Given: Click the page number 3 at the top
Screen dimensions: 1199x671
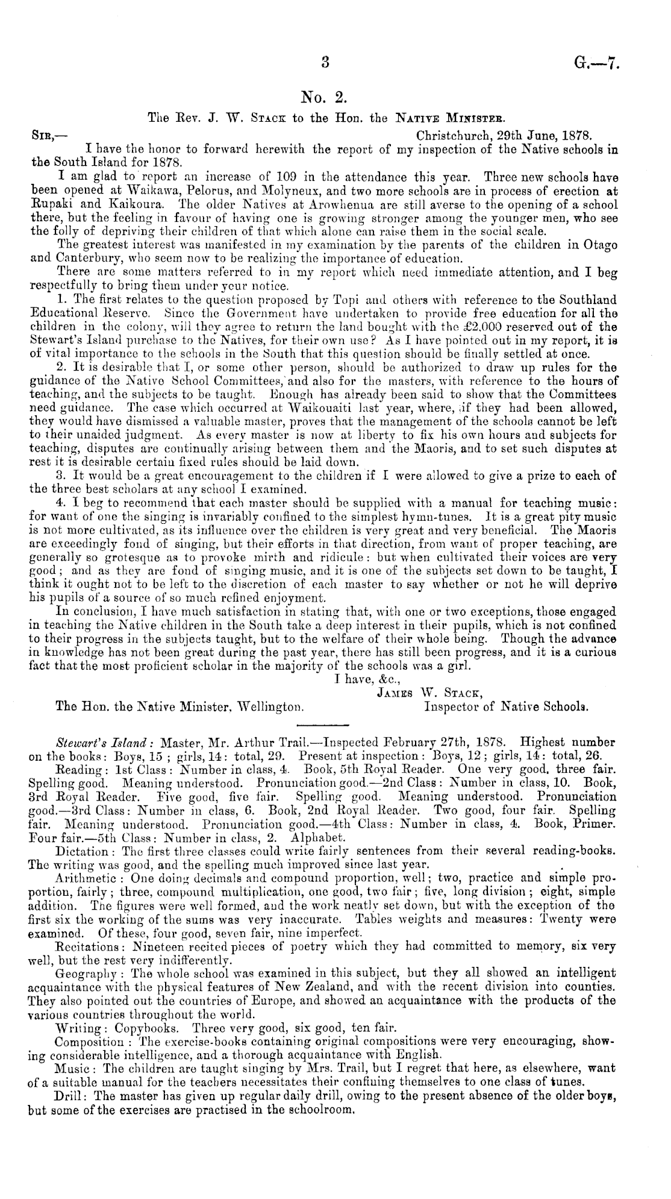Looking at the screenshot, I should coord(326,62).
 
